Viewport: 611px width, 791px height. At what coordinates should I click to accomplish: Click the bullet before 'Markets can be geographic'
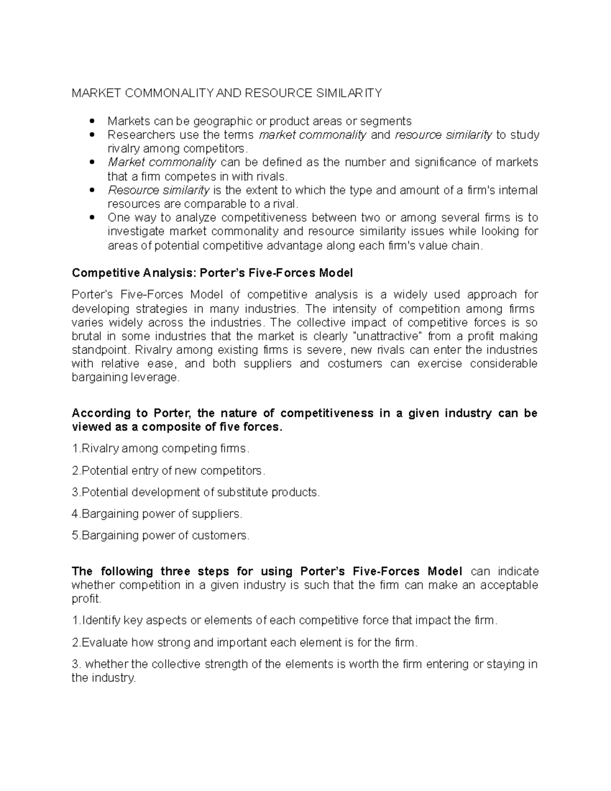click(x=92, y=121)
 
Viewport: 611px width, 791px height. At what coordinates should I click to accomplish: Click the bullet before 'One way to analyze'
click(x=92, y=217)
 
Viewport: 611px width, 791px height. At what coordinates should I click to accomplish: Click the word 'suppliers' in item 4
click(x=215, y=514)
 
